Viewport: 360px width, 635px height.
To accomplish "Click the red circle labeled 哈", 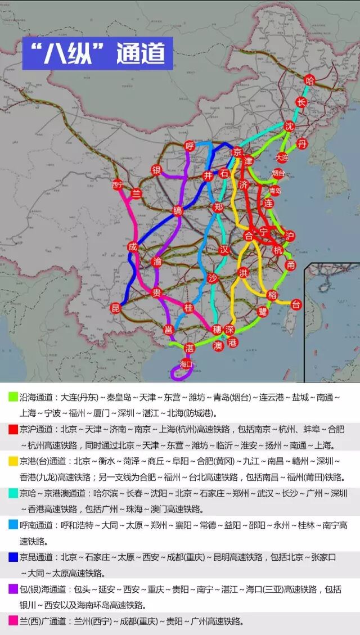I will [x=309, y=80].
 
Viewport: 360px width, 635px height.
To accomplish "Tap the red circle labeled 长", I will [x=302, y=102].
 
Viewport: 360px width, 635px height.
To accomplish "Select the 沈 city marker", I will [x=289, y=125].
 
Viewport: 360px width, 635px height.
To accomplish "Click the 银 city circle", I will [x=156, y=170].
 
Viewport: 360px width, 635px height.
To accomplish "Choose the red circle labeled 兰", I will [x=136, y=193].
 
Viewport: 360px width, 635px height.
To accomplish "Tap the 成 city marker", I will [x=132, y=246].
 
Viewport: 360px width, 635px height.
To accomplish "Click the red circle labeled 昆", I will [x=116, y=308].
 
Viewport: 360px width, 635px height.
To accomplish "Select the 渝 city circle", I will [x=157, y=261].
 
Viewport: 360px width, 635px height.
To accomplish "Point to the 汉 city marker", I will [x=224, y=249].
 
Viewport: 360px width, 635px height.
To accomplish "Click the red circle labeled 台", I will [x=296, y=304].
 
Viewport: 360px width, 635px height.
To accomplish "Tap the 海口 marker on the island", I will [x=186, y=364].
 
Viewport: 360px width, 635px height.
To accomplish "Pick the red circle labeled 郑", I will [x=218, y=207].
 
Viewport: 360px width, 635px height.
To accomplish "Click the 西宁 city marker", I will [x=117, y=184].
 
